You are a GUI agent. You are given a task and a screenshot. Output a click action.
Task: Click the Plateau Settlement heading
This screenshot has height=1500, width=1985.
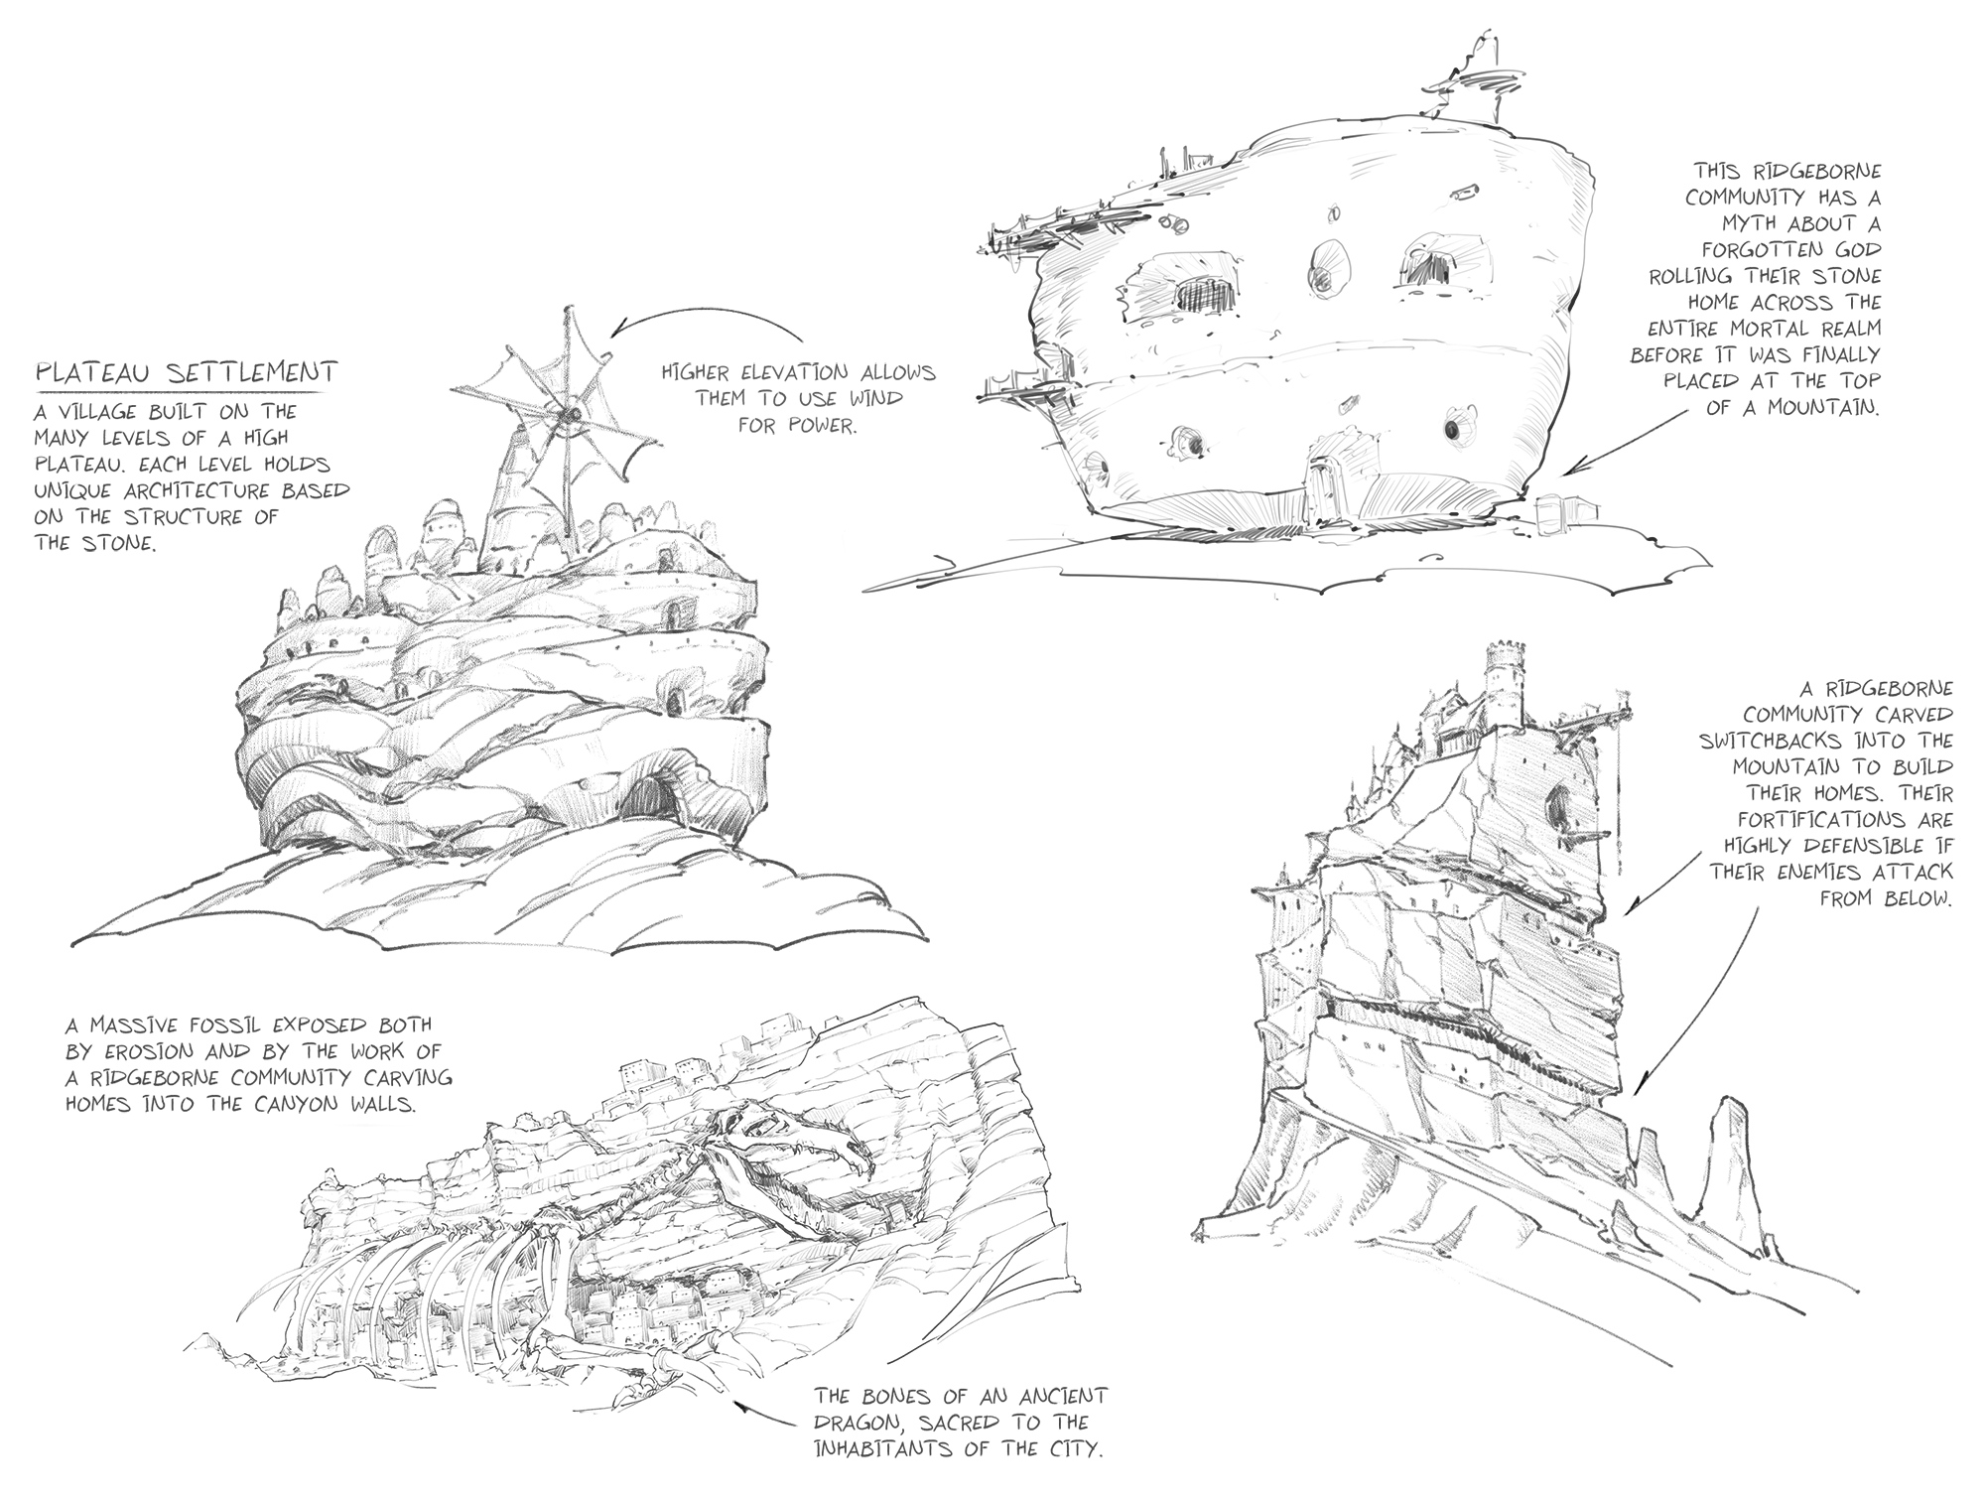click(187, 373)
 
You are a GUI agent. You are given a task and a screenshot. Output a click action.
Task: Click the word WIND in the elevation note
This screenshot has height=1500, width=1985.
click(873, 399)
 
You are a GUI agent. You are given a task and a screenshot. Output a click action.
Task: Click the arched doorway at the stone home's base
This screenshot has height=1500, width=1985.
click(1320, 482)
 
